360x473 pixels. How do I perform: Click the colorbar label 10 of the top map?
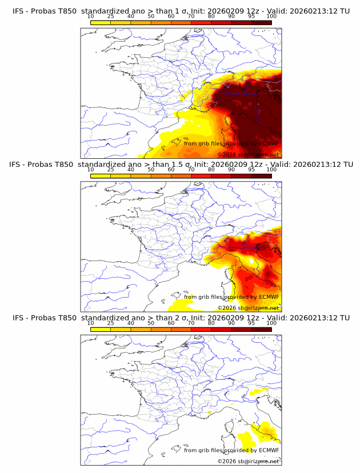(x=91, y=16)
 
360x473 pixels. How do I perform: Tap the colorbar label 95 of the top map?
(x=251, y=16)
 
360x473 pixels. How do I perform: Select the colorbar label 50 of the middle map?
(x=151, y=170)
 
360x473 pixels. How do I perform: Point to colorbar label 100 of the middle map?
(x=271, y=170)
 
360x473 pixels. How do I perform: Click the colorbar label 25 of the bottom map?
(x=111, y=323)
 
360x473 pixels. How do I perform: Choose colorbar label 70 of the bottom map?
(x=191, y=323)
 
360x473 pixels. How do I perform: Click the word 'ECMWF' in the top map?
(x=269, y=143)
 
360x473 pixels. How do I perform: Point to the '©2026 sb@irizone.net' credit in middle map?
(x=249, y=308)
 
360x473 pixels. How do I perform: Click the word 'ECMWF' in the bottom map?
(x=269, y=450)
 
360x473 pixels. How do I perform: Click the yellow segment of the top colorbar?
(x=101, y=22)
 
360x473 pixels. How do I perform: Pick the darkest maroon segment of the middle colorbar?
(x=261, y=176)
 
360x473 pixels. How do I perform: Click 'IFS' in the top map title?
(x=19, y=11)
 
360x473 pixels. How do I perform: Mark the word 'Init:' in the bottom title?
(x=205, y=318)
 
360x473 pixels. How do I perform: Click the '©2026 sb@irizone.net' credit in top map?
(x=249, y=154)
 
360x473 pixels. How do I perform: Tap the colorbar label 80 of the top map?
(x=211, y=16)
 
